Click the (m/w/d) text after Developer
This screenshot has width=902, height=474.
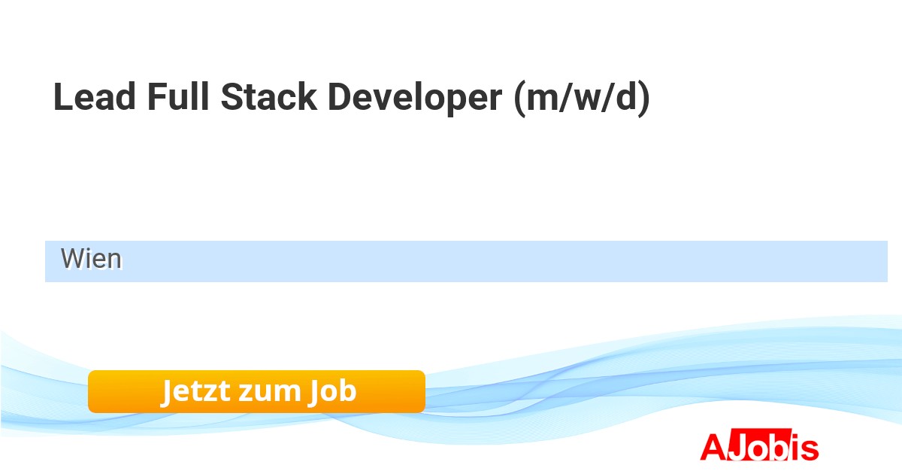click(x=581, y=99)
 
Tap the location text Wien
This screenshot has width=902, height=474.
click(x=91, y=259)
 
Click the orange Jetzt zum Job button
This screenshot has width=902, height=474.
click(x=256, y=391)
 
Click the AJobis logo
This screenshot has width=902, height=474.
click(x=759, y=447)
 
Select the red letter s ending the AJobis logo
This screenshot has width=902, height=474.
click(x=809, y=449)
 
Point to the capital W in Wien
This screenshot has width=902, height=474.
click(x=72, y=259)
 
